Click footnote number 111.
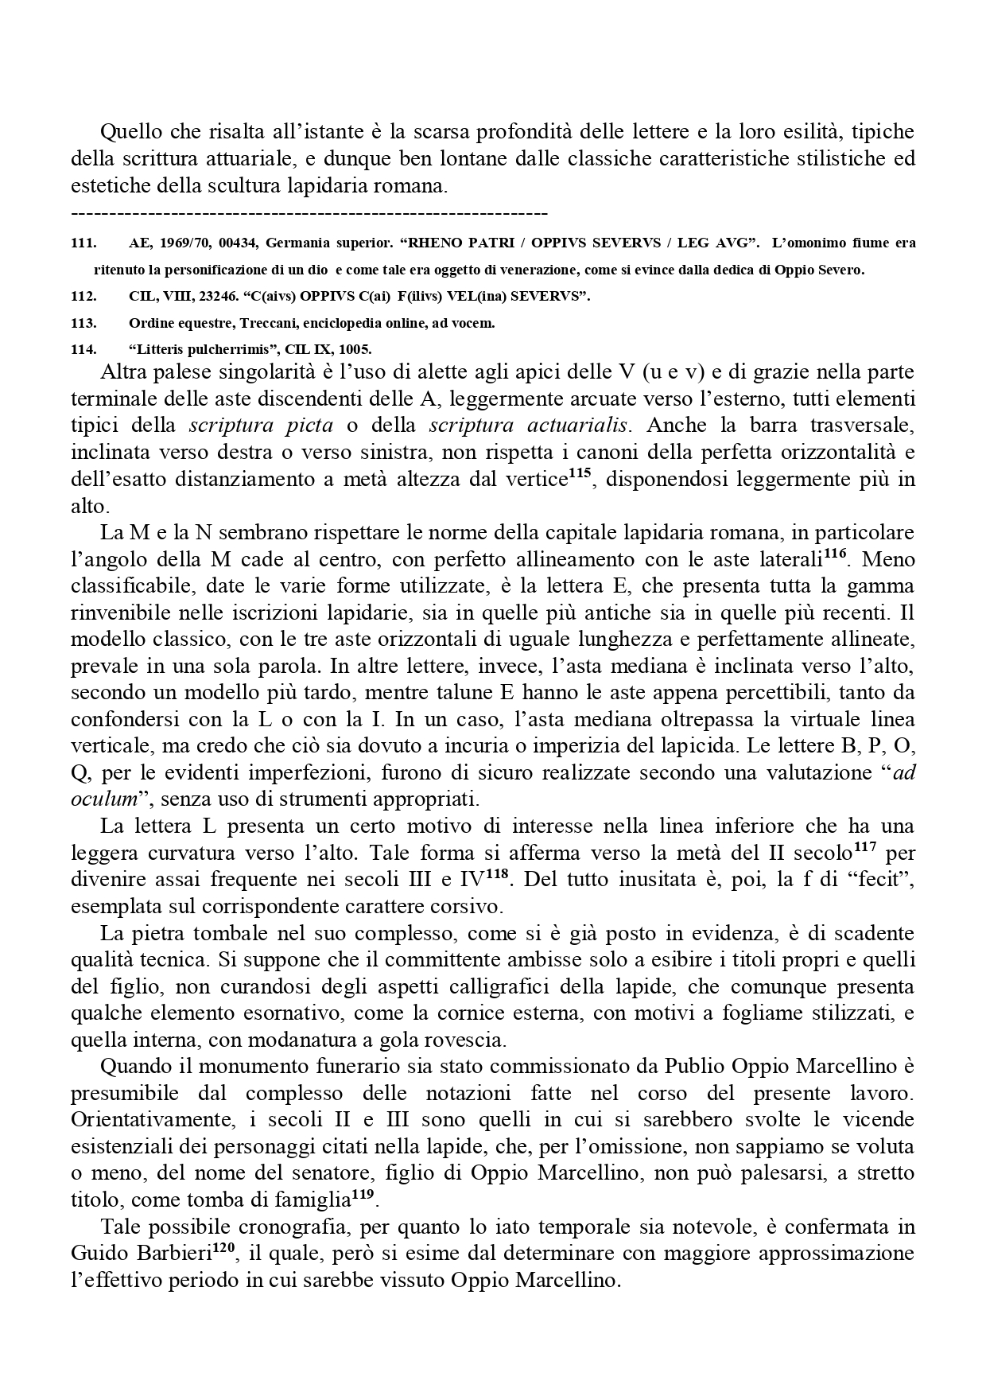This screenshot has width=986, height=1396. pos(83,243)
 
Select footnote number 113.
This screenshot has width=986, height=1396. pos(83,323)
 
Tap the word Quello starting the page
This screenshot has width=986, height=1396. pos(130,131)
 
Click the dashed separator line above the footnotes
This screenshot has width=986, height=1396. pos(309,213)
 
